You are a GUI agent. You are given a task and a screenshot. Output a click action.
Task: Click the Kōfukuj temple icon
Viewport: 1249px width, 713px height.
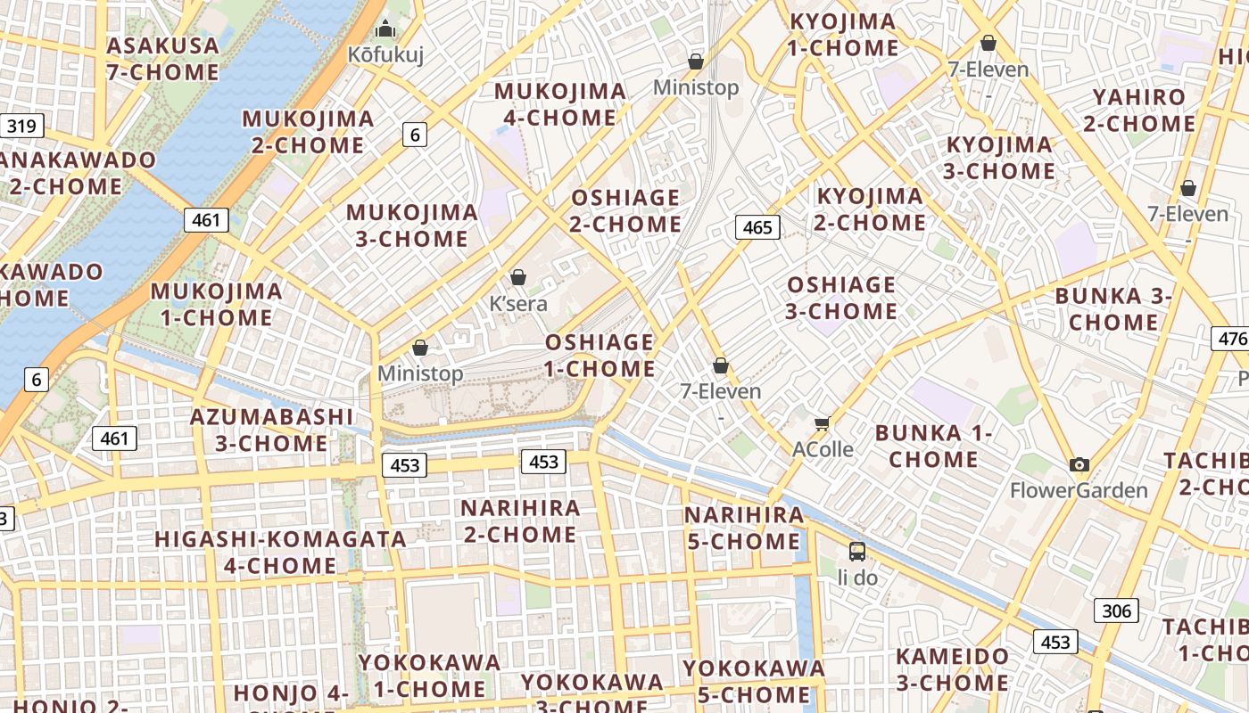pyautogui.click(x=385, y=29)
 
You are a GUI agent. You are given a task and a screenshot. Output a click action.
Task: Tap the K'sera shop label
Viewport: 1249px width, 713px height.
pyautogui.click(x=518, y=304)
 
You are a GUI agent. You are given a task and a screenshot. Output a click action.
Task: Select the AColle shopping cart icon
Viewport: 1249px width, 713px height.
pyautogui.click(x=822, y=423)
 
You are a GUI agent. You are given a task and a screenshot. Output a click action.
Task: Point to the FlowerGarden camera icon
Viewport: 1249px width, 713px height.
pyautogui.click(x=1079, y=464)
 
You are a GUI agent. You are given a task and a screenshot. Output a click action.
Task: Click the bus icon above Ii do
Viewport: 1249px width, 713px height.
pyautogui.click(x=857, y=551)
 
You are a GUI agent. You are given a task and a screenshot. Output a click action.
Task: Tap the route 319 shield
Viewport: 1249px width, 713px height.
pyautogui.click(x=21, y=126)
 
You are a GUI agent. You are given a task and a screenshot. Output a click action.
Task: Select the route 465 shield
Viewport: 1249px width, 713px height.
pyautogui.click(x=757, y=227)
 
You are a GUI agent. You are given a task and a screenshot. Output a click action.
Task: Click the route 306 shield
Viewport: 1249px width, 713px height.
pyautogui.click(x=1116, y=611)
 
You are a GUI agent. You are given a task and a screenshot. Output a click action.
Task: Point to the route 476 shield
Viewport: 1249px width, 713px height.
pyautogui.click(x=1232, y=339)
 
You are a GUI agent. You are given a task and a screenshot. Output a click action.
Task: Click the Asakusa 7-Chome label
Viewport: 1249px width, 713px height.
pyautogui.click(x=162, y=59)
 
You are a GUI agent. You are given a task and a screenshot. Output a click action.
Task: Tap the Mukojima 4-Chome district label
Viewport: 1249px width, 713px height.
pyautogui.click(x=560, y=104)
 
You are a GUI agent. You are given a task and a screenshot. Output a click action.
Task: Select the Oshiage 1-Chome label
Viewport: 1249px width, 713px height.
pyautogui.click(x=600, y=356)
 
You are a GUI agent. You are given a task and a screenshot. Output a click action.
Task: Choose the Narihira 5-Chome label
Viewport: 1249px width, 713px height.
pyautogui.click(x=743, y=528)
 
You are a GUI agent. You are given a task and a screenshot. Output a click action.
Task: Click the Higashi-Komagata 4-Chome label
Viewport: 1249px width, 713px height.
pyautogui.click(x=280, y=553)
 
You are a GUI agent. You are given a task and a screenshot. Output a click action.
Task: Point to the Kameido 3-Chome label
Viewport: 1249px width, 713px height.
pyautogui.click(x=953, y=670)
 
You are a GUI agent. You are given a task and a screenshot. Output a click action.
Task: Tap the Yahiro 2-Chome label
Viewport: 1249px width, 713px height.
pyautogui.click(x=1139, y=111)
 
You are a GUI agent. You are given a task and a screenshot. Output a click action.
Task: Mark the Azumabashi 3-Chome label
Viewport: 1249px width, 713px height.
pyautogui.click(x=272, y=430)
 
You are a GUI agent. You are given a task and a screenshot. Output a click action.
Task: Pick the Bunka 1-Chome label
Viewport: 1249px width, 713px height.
pyautogui.click(x=934, y=447)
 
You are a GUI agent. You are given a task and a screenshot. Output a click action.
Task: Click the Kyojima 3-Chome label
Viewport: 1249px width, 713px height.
pyautogui.click(x=999, y=158)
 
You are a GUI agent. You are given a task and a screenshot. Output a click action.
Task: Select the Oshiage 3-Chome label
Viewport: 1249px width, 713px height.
pyautogui.click(x=841, y=298)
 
